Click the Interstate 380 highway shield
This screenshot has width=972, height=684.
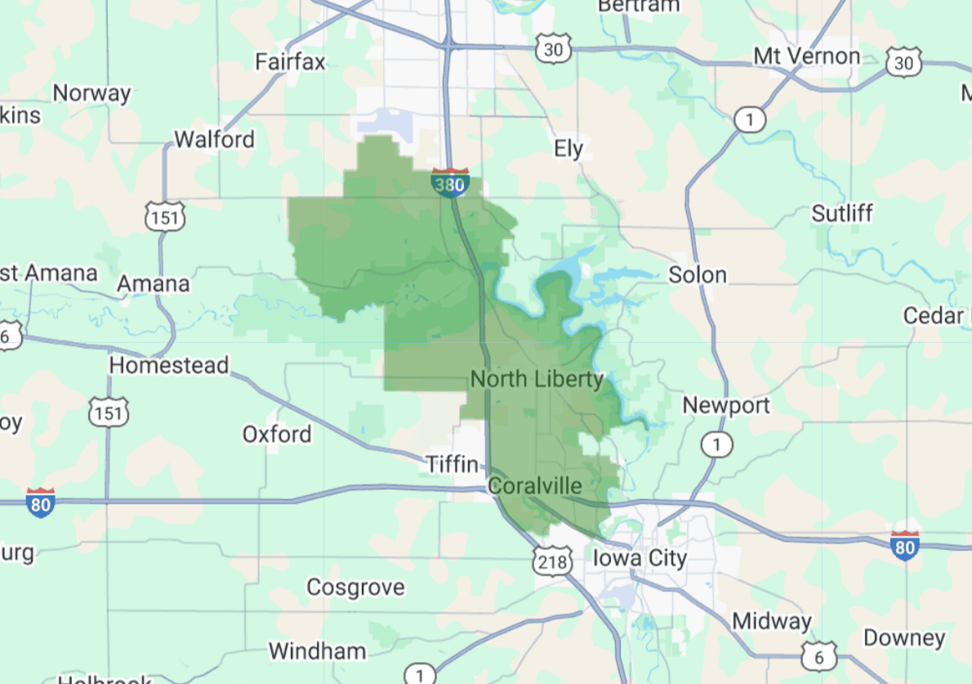click(449, 183)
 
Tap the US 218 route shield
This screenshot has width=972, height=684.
click(551, 560)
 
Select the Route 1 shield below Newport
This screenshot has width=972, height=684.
click(716, 445)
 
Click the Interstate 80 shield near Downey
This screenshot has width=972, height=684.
click(904, 544)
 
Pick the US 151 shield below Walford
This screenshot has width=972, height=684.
click(166, 217)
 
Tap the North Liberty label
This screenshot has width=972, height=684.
click(537, 379)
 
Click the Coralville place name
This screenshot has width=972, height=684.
click(535, 486)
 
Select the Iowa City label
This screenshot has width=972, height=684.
click(640, 558)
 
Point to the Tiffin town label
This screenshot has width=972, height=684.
click(453, 464)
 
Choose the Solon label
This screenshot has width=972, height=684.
click(698, 274)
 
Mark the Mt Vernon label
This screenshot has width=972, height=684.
click(806, 56)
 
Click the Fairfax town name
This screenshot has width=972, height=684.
click(290, 61)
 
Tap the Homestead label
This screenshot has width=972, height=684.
click(169, 365)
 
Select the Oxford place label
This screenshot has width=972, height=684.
click(277, 433)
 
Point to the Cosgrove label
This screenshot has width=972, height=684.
click(355, 587)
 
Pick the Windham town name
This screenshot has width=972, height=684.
click(318, 651)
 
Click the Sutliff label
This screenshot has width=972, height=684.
click(842, 213)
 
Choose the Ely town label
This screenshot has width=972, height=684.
click(568, 149)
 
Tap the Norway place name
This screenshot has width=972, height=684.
click(92, 93)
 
